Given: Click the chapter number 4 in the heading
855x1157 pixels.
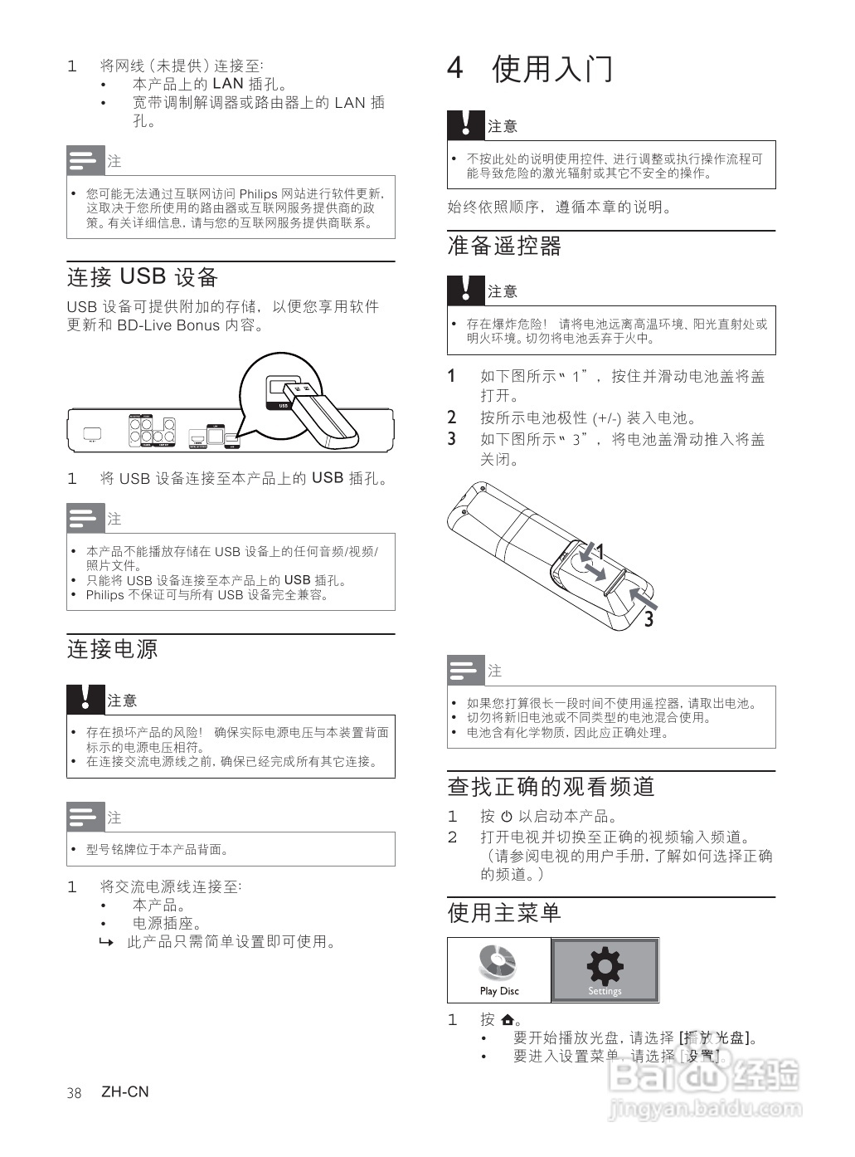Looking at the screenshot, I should coord(454,68).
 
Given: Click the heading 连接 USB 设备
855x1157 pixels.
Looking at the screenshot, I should coord(142,277).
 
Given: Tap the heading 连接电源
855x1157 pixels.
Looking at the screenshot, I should coord(112,649).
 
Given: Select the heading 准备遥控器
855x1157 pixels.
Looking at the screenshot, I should coord(504,246).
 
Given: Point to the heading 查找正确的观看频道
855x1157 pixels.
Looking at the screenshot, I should coord(551,786).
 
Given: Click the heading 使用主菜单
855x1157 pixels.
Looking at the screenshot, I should coord(504,912).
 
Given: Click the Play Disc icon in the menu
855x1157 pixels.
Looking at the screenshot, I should coord(498,964).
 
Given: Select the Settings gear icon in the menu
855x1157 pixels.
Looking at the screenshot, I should coord(605,966).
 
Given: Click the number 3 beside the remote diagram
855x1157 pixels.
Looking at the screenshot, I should coord(649,619).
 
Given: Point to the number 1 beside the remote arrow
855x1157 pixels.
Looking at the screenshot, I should coord(600,551).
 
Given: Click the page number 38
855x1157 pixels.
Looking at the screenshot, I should coord(74,1093).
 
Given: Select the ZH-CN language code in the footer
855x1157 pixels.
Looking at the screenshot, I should coord(125,1092).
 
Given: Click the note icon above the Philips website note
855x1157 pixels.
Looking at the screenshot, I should coord(85,160).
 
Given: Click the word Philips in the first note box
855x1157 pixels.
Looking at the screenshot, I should coord(258,194).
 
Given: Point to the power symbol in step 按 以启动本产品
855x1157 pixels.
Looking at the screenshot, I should coord(507,817).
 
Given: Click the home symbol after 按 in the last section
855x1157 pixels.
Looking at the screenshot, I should coord(508,1020).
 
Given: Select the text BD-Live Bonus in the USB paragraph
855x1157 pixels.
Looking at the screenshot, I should coord(168,325).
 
